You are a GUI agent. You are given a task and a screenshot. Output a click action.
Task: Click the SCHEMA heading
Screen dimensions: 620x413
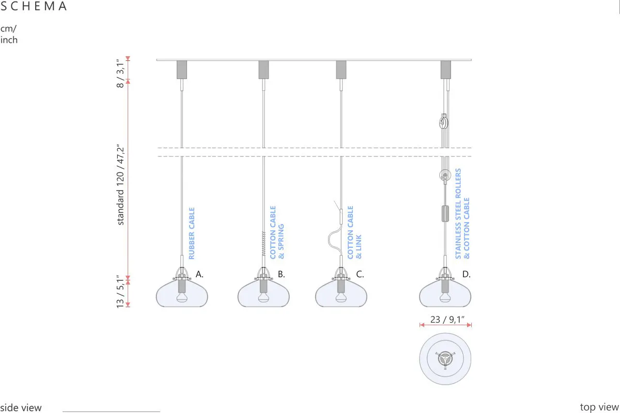pyautogui.click(x=34, y=6)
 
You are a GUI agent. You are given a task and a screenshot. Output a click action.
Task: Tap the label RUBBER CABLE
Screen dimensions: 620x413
pyautogui.click(x=192, y=233)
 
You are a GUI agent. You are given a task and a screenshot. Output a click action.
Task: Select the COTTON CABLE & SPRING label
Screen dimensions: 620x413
pyautogui.click(x=277, y=232)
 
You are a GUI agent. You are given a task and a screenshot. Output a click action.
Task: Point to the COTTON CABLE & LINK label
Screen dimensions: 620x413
pyautogui.click(x=354, y=232)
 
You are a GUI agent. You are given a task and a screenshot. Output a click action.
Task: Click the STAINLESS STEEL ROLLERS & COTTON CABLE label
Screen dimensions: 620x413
pyautogui.click(x=462, y=214)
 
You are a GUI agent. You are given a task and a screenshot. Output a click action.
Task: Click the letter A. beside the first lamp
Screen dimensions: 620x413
pyautogui.click(x=199, y=274)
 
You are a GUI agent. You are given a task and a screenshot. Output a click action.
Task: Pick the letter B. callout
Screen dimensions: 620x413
pyautogui.click(x=281, y=274)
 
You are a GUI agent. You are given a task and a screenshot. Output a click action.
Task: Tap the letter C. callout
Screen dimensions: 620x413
pyautogui.click(x=360, y=274)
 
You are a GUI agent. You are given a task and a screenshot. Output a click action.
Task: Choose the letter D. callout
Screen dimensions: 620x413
pyautogui.click(x=467, y=274)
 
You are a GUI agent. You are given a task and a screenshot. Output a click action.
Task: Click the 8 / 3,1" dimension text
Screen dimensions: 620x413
pyautogui.click(x=120, y=73)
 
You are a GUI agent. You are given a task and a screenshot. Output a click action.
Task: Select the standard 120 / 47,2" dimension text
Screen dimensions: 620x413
pyautogui.click(x=120, y=184)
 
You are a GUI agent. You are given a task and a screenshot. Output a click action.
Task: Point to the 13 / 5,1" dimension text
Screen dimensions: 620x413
pyautogui.click(x=120, y=292)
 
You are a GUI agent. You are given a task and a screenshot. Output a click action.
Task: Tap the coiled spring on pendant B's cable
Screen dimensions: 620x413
pyautogui.click(x=263, y=244)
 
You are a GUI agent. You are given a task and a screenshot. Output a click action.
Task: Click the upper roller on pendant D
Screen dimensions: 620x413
pyautogui.click(x=444, y=122)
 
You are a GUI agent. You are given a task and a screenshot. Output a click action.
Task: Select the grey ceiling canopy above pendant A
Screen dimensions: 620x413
pyautogui.click(x=182, y=70)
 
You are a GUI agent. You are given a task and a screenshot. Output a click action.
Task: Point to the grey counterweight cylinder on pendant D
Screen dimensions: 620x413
pyautogui.click(x=445, y=214)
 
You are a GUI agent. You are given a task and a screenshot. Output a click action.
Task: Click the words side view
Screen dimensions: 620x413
pyautogui.click(x=21, y=408)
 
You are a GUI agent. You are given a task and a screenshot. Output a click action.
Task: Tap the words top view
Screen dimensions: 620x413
pyautogui.click(x=599, y=407)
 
